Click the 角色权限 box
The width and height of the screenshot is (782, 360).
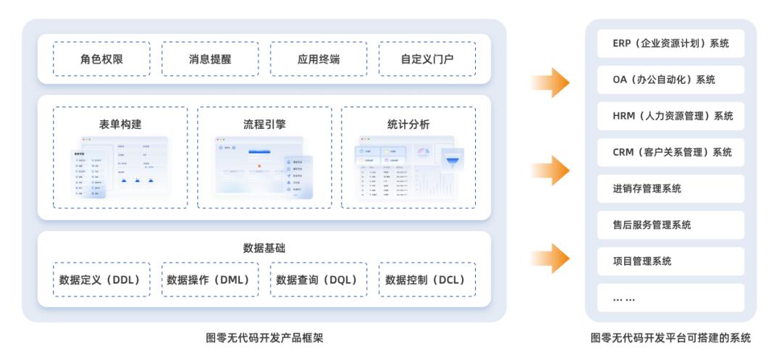(102, 59)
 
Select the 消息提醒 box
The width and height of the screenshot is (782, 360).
(210, 59)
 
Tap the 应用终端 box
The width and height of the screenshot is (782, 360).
(319, 59)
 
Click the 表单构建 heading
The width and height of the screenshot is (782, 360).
(120, 124)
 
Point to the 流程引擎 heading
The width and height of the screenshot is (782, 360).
(264, 124)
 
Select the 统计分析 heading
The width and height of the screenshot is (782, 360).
(408, 124)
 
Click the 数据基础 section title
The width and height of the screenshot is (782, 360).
(264, 248)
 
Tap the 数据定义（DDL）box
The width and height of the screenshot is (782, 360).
(102, 280)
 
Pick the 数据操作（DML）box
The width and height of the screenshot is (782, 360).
(210, 280)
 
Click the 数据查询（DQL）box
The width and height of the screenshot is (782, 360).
(319, 280)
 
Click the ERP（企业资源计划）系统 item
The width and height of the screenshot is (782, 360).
(670, 44)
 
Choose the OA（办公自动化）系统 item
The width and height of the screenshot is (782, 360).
(670, 80)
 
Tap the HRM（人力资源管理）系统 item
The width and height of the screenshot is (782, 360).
(670, 116)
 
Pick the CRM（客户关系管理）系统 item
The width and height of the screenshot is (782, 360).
(670, 152)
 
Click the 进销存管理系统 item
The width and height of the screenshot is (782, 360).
(670, 189)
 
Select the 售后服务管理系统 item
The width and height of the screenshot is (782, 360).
(670, 225)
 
